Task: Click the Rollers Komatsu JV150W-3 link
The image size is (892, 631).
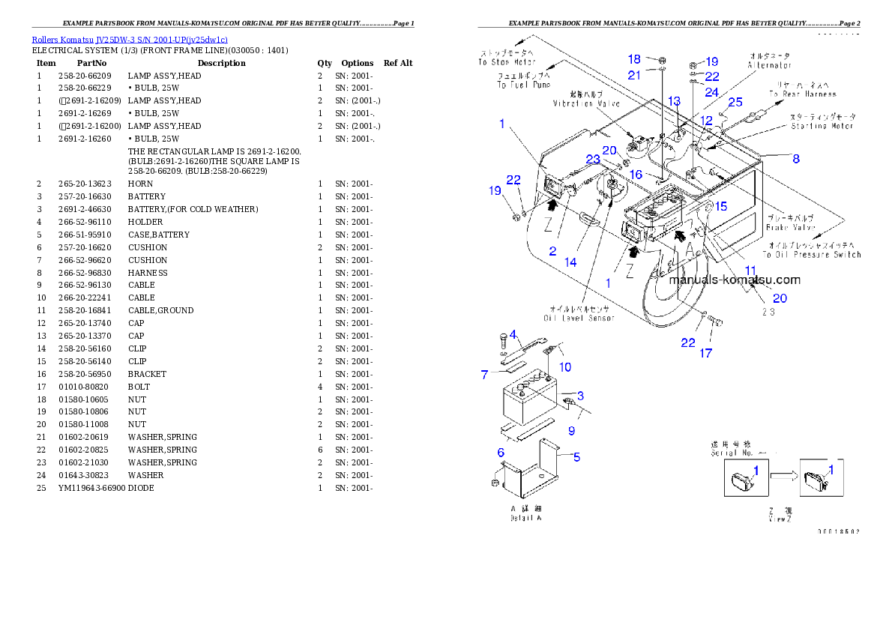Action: coord(130,39)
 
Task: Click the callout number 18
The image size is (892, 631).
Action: coord(634,60)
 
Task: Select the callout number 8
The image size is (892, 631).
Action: coord(796,159)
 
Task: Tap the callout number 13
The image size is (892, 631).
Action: coord(674,101)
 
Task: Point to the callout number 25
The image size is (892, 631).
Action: coord(735,102)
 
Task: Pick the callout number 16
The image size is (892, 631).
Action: coord(636,174)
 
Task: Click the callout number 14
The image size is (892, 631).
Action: coord(570,262)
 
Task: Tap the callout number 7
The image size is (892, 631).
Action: coord(485,375)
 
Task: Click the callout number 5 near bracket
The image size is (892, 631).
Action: coord(576,456)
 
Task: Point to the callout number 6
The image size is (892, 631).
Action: coord(501,452)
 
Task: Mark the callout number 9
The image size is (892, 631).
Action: coord(571,431)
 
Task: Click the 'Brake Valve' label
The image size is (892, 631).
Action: coord(789,222)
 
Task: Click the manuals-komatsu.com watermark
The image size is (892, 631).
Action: coord(735,280)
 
